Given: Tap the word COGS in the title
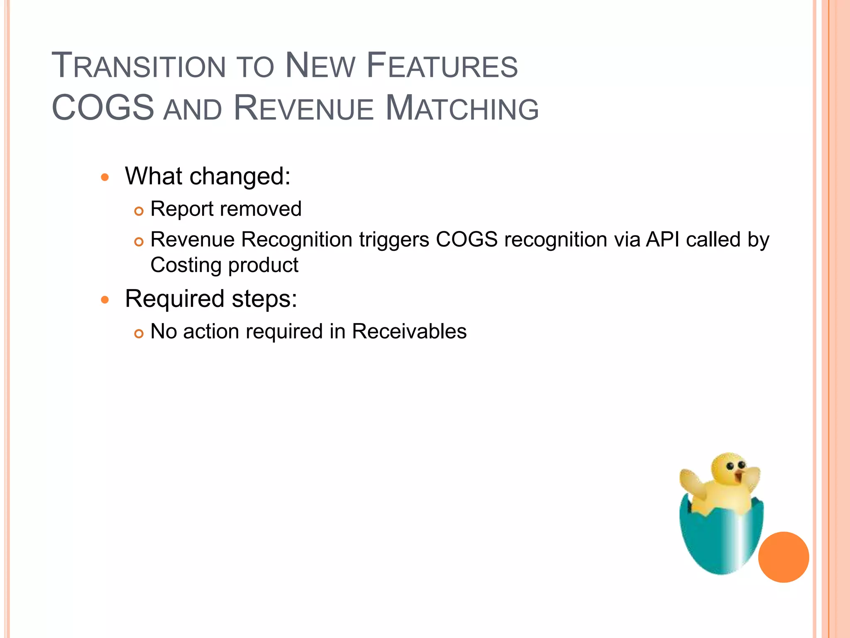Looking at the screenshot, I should pyautogui.click(x=103, y=108).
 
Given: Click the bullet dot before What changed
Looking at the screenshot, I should pyautogui.click(x=105, y=178).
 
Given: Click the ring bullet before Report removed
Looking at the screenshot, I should pyautogui.click(x=139, y=211).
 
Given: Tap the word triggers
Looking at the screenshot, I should pyautogui.click(x=394, y=240).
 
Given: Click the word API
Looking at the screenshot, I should pyautogui.click(x=662, y=240).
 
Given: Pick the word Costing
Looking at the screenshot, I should pyautogui.click(x=186, y=266).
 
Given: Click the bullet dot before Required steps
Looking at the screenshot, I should pyautogui.click(x=105, y=300).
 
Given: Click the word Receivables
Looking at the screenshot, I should pyautogui.click(x=409, y=332).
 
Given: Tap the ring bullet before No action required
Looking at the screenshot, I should pyautogui.click(x=139, y=334).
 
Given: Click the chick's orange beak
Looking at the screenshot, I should pyautogui.click(x=739, y=476).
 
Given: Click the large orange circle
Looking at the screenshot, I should pyautogui.click(x=783, y=557).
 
